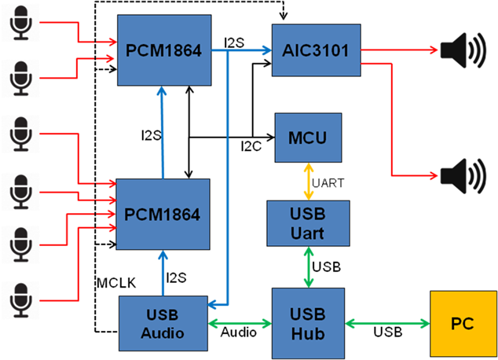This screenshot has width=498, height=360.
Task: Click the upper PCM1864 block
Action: click(163, 51)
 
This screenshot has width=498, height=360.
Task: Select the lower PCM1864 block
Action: click(163, 214)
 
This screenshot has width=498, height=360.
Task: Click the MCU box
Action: click(307, 138)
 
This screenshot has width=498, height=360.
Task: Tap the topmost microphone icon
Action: click(20, 24)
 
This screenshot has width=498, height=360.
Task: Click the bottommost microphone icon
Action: click(20, 298)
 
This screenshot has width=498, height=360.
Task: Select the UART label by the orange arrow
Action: click(327, 182)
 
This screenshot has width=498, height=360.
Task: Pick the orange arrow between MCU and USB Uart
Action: click(307, 181)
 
